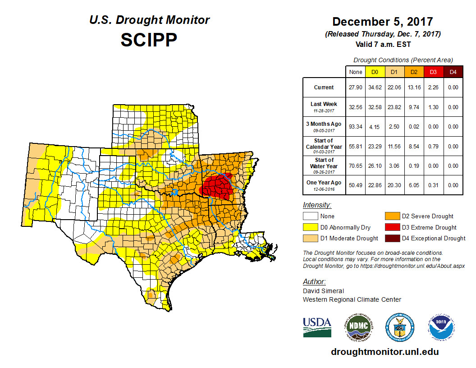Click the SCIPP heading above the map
click(149, 41)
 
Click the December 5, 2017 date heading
click(383, 22)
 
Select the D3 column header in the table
click(433, 72)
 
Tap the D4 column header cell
click(453, 72)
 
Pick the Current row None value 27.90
click(356, 87)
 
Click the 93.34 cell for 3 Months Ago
click(356, 127)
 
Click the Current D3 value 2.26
click(433, 87)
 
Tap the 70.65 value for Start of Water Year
click(356, 166)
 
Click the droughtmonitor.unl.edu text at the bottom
click(384, 352)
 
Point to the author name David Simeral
click(323, 291)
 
